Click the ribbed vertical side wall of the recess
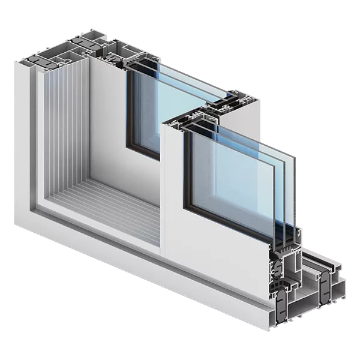coord(60,132)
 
